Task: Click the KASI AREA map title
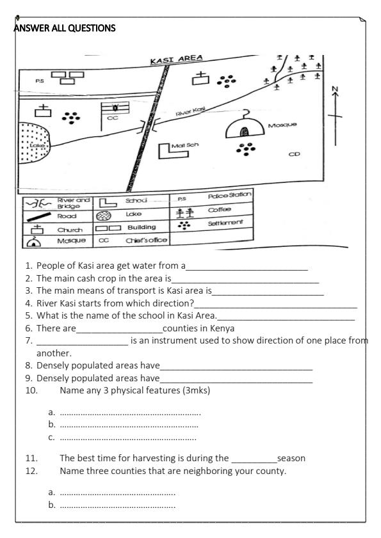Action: click(176, 59)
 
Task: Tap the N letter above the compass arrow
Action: click(334, 88)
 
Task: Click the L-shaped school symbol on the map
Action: click(168, 152)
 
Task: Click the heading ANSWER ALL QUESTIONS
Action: click(61, 28)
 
